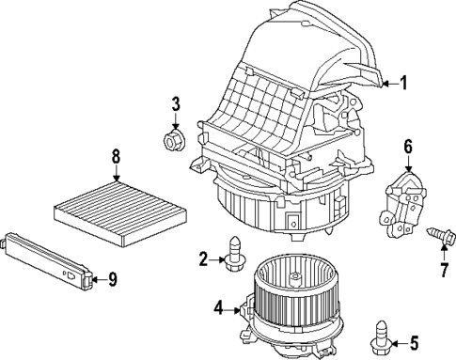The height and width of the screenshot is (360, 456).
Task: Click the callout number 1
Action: tap(403, 83)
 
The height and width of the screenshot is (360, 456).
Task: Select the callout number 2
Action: tap(202, 258)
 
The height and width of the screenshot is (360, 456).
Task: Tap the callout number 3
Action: tap(174, 102)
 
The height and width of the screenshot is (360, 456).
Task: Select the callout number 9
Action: tap(112, 278)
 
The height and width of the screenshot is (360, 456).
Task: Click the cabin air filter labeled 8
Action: tap(113, 205)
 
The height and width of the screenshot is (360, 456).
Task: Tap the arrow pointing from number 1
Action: tap(386, 83)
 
